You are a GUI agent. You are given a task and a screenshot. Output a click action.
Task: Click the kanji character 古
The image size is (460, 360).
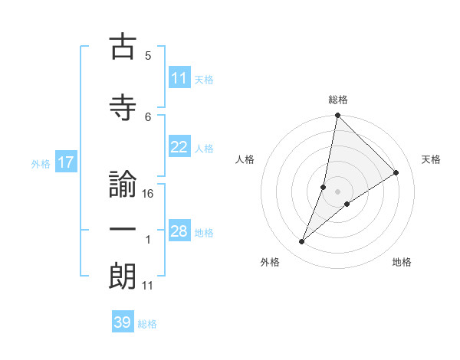(123, 47)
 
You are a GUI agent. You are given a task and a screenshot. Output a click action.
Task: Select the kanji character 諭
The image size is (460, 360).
(123, 185)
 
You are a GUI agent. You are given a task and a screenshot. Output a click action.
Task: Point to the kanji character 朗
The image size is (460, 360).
(123, 276)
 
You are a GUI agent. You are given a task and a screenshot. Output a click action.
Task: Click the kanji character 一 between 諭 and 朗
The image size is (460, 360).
(123, 230)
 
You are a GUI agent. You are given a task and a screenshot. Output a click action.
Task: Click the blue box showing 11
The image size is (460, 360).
(179, 78)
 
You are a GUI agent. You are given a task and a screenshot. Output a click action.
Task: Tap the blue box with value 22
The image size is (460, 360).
(179, 148)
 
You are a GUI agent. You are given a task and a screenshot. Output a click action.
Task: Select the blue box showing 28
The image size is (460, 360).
(179, 232)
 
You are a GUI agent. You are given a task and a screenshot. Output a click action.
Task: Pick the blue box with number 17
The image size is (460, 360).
(65, 162)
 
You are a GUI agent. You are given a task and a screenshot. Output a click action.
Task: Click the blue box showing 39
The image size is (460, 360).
(123, 322)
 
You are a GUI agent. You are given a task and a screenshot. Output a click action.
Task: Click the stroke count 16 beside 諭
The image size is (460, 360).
(149, 194)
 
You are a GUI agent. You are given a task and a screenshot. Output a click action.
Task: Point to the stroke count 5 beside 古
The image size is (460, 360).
(148, 56)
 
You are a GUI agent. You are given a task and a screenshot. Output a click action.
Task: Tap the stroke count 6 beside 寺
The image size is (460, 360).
(148, 116)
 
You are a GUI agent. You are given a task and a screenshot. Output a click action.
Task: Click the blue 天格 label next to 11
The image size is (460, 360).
(204, 79)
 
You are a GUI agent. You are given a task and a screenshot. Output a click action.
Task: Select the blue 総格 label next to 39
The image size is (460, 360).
(147, 324)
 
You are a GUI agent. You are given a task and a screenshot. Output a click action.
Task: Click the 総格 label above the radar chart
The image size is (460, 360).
(338, 100)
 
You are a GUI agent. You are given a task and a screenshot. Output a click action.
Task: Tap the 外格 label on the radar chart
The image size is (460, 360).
(270, 262)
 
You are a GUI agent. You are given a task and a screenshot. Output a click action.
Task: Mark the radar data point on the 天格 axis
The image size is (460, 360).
(396, 173)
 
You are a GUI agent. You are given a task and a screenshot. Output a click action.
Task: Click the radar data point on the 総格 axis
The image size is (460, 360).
(338, 116)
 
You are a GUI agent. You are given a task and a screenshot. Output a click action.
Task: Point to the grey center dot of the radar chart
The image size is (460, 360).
(338, 191)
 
